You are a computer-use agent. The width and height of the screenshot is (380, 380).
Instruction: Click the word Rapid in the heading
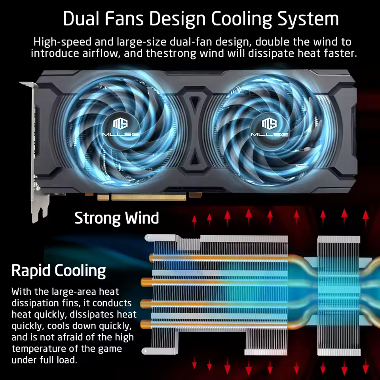(x=30, y=270)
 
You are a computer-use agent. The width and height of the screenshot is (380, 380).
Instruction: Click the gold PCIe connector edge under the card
(x=148, y=197)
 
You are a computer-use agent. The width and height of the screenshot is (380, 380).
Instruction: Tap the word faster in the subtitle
(x=340, y=53)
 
